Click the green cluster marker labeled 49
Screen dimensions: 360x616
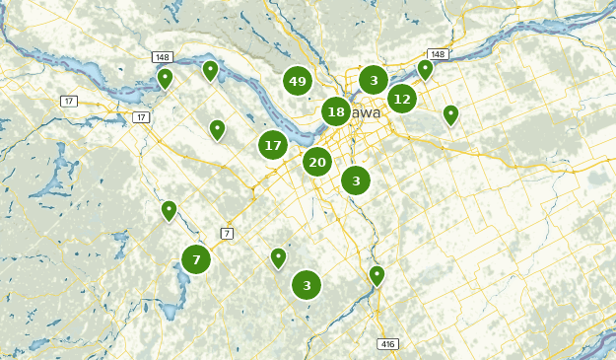tap(298, 81)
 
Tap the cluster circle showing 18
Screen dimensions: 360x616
tap(336, 111)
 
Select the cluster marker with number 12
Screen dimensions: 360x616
tap(401, 99)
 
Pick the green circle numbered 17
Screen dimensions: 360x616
tap(273, 145)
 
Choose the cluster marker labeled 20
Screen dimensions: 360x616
tap(316, 162)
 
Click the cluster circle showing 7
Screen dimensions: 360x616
tap(196, 259)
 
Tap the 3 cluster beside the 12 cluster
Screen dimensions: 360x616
tap(374, 79)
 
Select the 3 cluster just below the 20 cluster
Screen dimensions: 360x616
tap(356, 180)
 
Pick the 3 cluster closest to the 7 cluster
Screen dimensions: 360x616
tap(307, 285)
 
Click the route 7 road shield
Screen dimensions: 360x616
tap(227, 233)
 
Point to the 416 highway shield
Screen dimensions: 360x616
tap(387, 343)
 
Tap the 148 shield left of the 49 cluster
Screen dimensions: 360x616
tap(162, 56)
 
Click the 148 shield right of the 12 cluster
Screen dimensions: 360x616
tap(438, 54)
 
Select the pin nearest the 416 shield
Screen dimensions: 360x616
tap(376, 274)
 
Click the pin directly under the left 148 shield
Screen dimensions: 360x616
tap(166, 77)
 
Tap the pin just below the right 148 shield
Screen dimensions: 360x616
tap(425, 68)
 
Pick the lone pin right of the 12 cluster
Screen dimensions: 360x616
tap(450, 113)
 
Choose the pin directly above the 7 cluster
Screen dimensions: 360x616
tap(169, 209)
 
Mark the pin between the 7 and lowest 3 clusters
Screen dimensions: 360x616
tap(278, 256)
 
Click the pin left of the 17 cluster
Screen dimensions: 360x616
tap(217, 128)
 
